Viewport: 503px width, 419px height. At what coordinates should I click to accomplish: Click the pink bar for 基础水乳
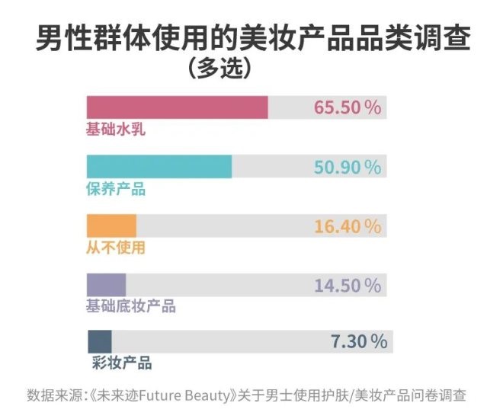pyautogui.click(x=177, y=107)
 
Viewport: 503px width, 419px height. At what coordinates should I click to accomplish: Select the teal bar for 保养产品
pyautogui.click(x=159, y=167)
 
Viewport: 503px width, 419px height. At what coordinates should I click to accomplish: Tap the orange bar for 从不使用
pyautogui.click(x=111, y=226)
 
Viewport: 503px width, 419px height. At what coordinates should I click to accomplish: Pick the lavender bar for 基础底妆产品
pyautogui.click(x=106, y=285)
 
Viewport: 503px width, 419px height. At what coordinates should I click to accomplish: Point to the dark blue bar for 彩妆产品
pyautogui.click(x=100, y=341)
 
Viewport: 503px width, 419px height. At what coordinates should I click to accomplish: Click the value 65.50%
pyautogui.click(x=347, y=107)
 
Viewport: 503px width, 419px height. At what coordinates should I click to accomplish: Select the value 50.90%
pyautogui.click(x=347, y=167)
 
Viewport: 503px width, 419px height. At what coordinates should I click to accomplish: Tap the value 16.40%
pyautogui.click(x=347, y=226)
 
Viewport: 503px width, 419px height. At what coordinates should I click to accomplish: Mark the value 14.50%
pyautogui.click(x=347, y=286)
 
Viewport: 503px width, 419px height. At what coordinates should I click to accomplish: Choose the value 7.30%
pyautogui.click(x=359, y=341)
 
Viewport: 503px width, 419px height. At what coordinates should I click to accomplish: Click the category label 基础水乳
pyautogui.click(x=115, y=130)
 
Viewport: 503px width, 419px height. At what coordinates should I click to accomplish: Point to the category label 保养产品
pyautogui.click(x=115, y=189)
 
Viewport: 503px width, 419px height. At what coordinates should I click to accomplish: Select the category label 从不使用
pyautogui.click(x=115, y=248)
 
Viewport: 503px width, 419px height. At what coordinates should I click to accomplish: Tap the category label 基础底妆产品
pyautogui.click(x=130, y=306)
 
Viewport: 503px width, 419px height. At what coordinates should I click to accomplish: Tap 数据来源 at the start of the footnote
pyautogui.click(x=52, y=395)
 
